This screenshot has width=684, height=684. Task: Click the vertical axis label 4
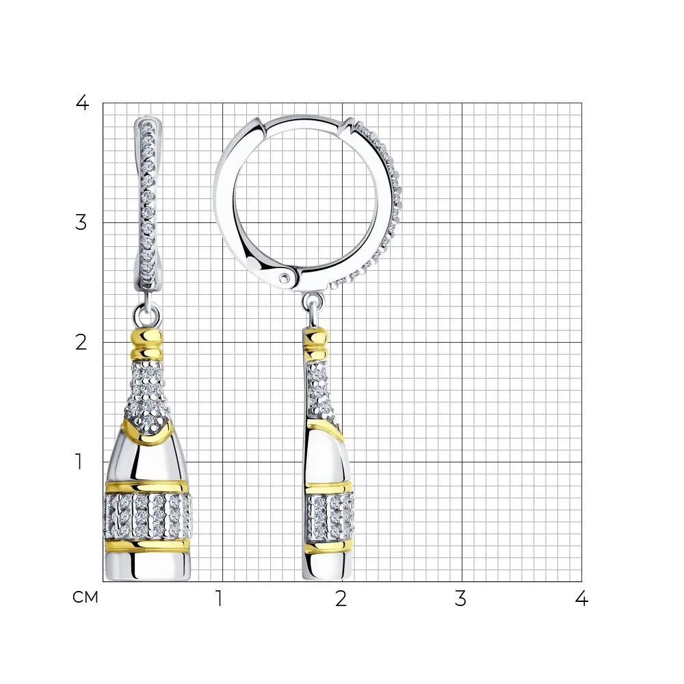coord(82,103)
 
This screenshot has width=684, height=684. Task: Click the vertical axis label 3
coord(81,222)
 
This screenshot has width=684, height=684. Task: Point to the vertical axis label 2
coord(81,343)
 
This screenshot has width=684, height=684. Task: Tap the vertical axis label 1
coord(79,462)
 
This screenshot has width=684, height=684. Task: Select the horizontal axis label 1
coord(220,598)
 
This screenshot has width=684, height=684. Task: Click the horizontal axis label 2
coord(341,598)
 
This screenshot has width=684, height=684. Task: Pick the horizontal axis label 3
coord(460,598)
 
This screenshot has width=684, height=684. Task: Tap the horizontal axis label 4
coord(581,598)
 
